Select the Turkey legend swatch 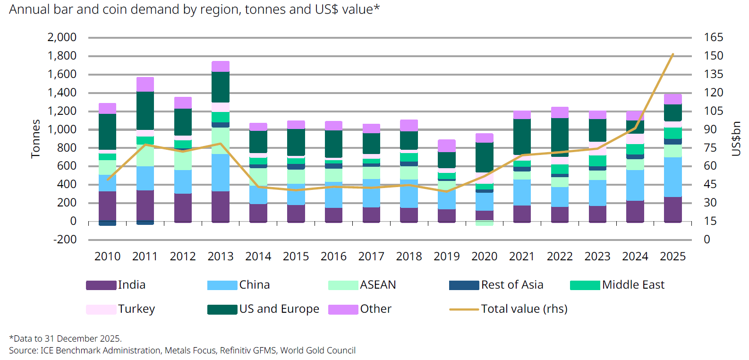[x=101, y=309]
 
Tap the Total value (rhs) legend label [x=524, y=309]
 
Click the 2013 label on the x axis [x=221, y=257]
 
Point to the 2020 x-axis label [x=484, y=257]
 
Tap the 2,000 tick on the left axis [x=62, y=37]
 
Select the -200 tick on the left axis [x=65, y=240]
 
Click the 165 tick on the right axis [x=713, y=37]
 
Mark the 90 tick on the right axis [x=710, y=129]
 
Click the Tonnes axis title [x=35, y=138]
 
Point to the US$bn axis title [x=735, y=138]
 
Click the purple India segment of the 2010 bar [x=108, y=206]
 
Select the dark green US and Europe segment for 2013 [x=221, y=87]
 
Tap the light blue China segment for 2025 [x=672, y=177]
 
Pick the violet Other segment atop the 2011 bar [x=145, y=84]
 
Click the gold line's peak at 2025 [x=672, y=54]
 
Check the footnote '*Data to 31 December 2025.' [x=65, y=339]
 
